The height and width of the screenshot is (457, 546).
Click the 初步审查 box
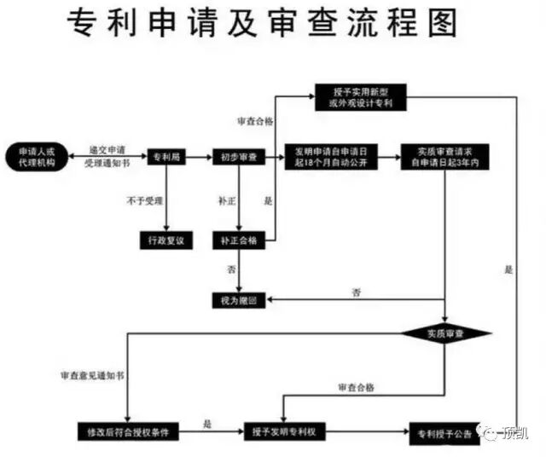click(239, 157)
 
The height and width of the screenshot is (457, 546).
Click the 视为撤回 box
click(239, 300)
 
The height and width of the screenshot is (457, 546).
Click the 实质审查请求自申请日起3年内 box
click(446, 157)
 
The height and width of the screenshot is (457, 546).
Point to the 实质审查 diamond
click(446, 333)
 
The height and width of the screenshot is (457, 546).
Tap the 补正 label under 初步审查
click(226, 200)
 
